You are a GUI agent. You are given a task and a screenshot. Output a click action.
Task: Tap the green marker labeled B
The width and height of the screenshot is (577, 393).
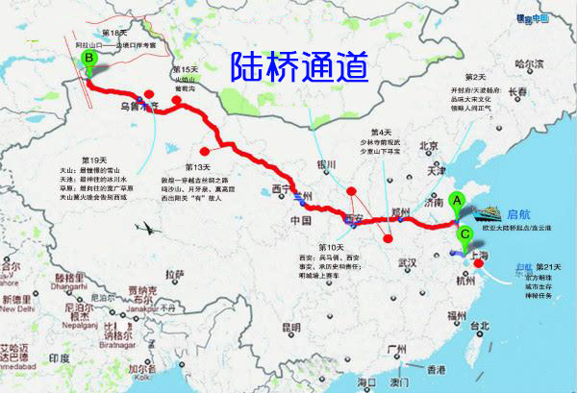(x=89, y=61)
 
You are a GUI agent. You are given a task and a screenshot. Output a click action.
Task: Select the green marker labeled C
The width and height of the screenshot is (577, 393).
(x=464, y=232)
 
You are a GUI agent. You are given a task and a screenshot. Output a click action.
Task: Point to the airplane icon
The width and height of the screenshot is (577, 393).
(x=148, y=228)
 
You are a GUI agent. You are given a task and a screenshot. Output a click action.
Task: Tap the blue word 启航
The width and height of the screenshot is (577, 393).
(x=519, y=212)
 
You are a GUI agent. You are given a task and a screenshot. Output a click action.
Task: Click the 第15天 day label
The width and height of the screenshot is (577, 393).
(x=184, y=71)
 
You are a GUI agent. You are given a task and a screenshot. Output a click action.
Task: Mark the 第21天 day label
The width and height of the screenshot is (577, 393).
(x=547, y=266)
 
